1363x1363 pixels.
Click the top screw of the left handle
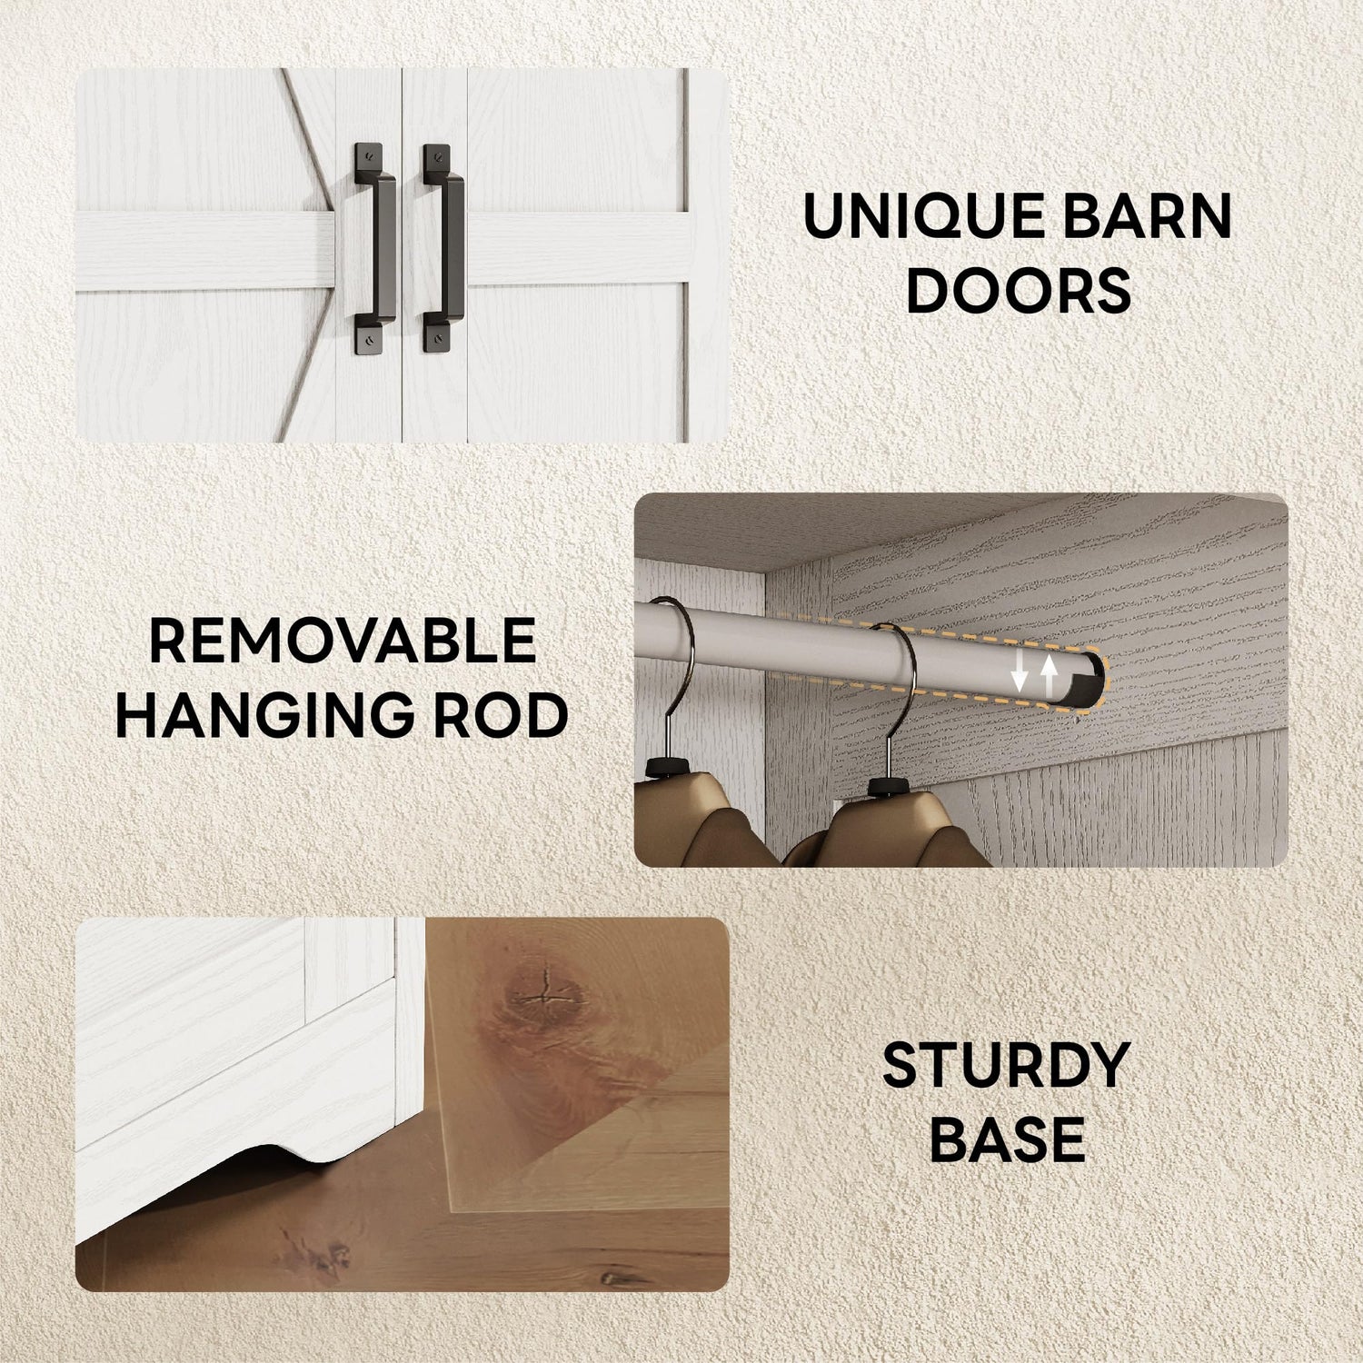pos(367,154)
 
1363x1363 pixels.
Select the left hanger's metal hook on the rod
pos(672,672)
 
